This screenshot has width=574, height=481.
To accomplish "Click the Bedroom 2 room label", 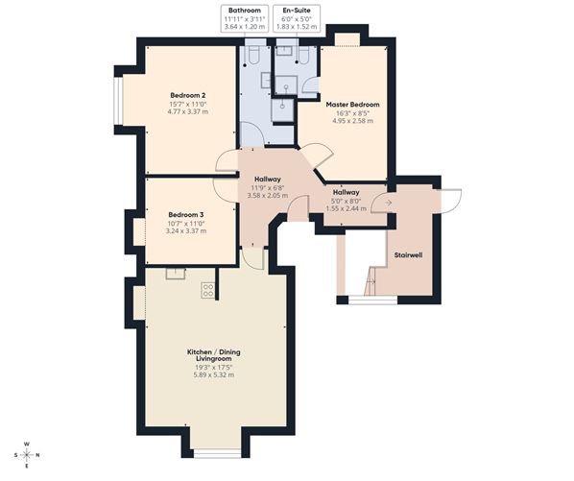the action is pos(187,96).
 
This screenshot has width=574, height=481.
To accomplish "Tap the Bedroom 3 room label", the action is pos(185,215).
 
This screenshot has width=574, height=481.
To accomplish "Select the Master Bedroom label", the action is pos(352,105).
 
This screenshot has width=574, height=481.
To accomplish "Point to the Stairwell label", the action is pos(408,255).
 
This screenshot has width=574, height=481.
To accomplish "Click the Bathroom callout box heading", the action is pos(245,11).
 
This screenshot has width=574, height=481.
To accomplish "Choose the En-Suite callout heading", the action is pos(297,11).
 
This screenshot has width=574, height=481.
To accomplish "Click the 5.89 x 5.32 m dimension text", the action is pos(214,374).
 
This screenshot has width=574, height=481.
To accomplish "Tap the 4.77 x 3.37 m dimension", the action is pos(187,111).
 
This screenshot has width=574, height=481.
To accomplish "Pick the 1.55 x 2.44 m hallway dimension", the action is pos(346,208).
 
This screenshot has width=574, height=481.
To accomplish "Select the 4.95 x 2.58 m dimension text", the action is pos(352,120).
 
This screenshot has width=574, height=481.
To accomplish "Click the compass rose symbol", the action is pos(27,455).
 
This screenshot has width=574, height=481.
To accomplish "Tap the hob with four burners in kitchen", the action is pos(208,290).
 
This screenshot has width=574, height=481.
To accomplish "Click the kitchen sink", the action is pos(176,274).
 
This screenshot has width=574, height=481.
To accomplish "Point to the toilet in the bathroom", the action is pos(253,54).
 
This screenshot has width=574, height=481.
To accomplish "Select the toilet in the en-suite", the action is pos(303,54).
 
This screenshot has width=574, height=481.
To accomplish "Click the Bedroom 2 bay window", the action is pos(117,101).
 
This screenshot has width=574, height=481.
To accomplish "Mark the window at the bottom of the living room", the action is pos(217,455).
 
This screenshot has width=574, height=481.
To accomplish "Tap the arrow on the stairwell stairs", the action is pos(371,281).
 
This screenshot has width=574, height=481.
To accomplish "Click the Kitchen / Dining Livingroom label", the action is pos(214,355).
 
